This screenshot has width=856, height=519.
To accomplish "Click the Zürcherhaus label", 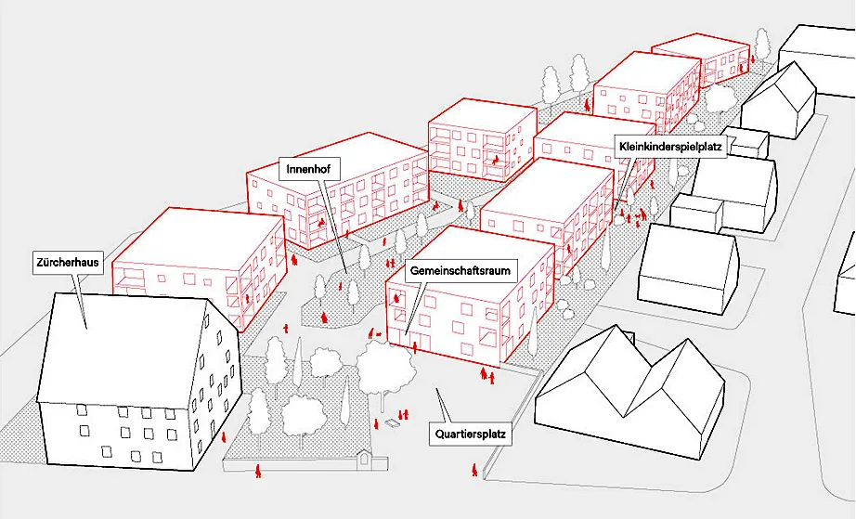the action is click(x=68, y=262).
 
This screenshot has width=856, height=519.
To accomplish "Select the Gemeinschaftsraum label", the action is click(x=460, y=271).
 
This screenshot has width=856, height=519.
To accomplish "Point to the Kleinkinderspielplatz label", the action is click(x=670, y=147).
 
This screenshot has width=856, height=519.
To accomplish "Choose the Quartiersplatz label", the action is click(x=470, y=435).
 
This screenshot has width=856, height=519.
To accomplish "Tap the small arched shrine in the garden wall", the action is click(x=364, y=460).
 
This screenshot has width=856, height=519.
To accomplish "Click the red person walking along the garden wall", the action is click(x=258, y=471).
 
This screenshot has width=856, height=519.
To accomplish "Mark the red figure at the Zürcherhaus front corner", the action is click(x=223, y=437).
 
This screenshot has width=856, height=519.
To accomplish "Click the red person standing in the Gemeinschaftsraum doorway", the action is click(x=415, y=347).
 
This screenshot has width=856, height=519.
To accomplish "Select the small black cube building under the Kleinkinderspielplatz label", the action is click(x=748, y=143).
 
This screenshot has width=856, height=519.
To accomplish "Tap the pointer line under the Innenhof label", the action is click(x=334, y=226).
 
